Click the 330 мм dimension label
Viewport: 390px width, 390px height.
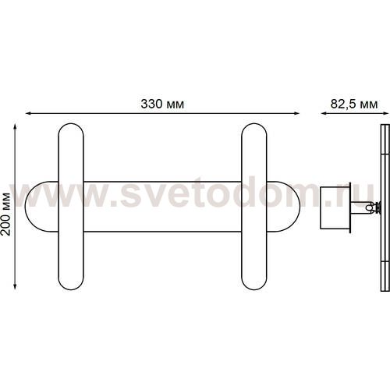click(x=162, y=104)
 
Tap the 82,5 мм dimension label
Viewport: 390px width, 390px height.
click(x=354, y=104)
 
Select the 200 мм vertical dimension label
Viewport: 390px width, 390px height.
click(x=5, y=214)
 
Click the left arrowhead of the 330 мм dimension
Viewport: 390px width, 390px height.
click(x=29, y=113)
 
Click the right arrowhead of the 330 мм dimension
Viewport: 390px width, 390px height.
click(x=296, y=113)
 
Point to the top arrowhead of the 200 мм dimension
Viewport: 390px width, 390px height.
click(x=15, y=127)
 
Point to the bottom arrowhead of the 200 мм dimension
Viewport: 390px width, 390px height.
click(x=15, y=286)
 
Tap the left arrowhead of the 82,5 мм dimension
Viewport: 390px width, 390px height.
click(x=324, y=113)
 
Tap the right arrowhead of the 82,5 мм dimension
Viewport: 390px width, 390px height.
click(x=386, y=113)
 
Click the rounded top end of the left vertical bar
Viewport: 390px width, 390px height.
click(x=71, y=124)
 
